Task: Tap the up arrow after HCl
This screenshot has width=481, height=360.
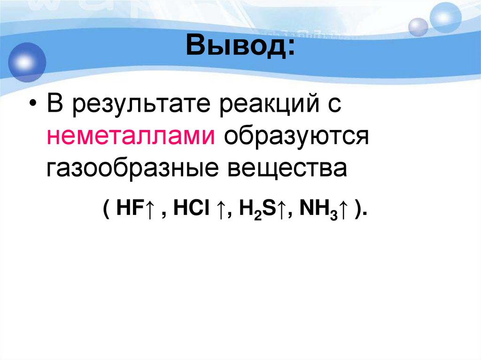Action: click(x=218, y=208)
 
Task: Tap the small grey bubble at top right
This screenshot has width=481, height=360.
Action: click(x=418, y=27)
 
